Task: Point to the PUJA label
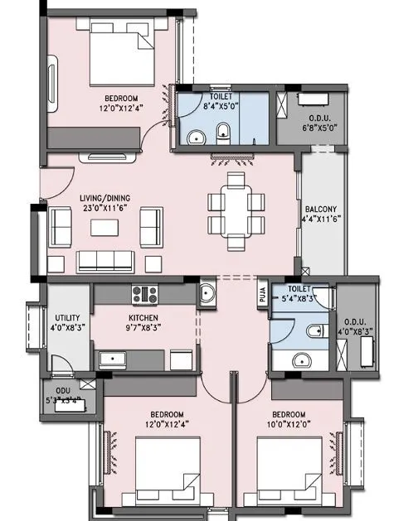(260, 293)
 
